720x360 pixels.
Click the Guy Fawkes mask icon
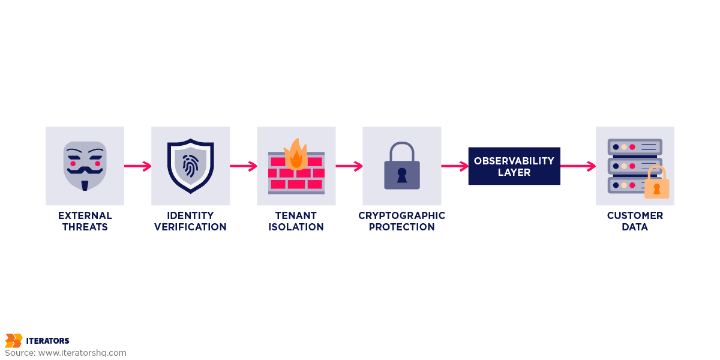(85, 166)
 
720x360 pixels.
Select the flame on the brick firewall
(296, 154)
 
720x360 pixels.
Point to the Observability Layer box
(514, 166)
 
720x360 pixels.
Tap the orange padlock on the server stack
(656, 185)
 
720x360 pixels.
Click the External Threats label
(85, 221)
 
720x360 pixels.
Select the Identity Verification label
(190, 221)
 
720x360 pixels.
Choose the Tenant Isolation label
(296, 221)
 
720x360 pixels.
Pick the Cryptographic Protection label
(402, 221)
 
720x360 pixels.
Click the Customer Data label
(635, 221)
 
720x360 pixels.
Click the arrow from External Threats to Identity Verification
(137, 166)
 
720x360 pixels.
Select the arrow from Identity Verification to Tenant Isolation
(243, 166)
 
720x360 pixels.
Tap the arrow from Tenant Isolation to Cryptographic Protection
(349, 166)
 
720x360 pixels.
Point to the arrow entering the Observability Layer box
(454, 166)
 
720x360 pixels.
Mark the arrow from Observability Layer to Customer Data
(578, 166)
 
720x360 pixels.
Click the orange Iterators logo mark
(13, 341)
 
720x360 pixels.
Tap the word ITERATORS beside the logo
(47, 341)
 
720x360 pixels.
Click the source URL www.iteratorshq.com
(82, 353)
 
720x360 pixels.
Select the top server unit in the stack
(635, 147)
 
